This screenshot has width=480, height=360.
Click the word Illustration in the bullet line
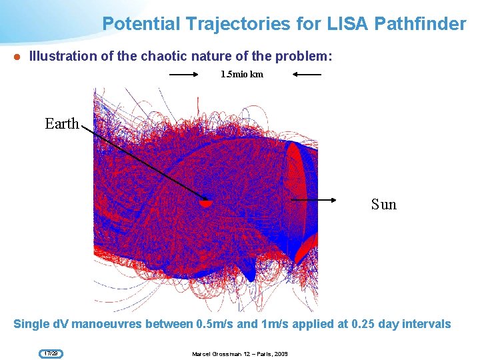coord(63,57)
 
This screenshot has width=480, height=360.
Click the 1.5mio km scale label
coord(241,74)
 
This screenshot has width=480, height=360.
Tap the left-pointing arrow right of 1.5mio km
coord(307,75)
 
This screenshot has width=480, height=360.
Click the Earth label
coord(61,123)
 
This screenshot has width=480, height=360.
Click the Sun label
coord(383,204)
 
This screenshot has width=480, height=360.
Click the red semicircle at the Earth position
coord(207,202)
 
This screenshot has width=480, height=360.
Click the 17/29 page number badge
coord(51,353)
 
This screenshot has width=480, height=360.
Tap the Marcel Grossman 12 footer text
coord(239,353)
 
